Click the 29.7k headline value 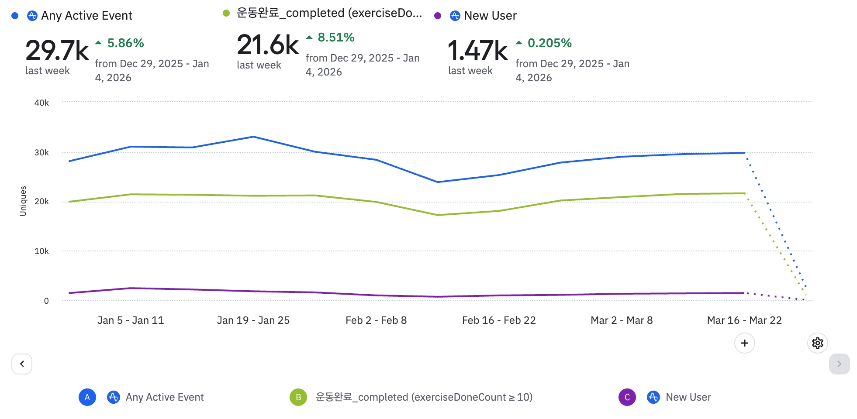(x=57, y=51)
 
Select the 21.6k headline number (x=267, y=45)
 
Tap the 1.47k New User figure (x=477, y=51)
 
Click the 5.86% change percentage (x=125, y=43)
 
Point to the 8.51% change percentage (x=336, y=38)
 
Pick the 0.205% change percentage (x=549, y=43)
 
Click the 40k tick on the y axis (x=41, y=103)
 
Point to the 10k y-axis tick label (x=41, y=251)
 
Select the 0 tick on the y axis (x=46, y=301)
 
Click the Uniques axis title (x=23, y=201)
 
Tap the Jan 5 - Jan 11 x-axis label (x=131, y=320)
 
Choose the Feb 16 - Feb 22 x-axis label (x=499, y=320)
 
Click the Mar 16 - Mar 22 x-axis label (x=744, y=320)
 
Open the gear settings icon (x=818, y=343)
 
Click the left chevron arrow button (x=22, y=364)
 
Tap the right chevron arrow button (x=839, y=364)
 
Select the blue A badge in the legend (x=87, y=397)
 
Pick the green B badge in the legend (x=298, y=397)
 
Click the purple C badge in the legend (x=627, y=397)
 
